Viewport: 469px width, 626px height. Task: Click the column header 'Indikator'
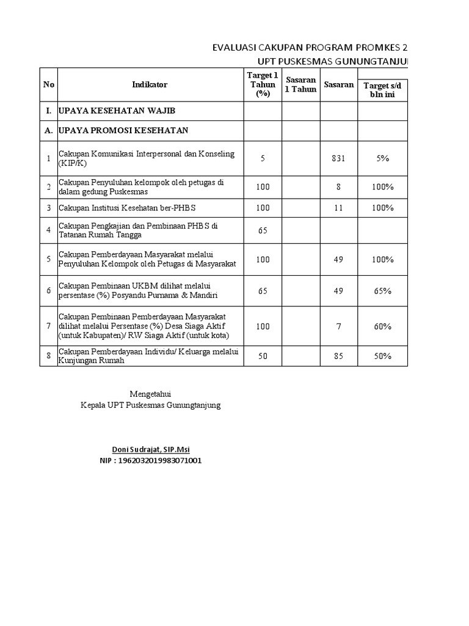150,84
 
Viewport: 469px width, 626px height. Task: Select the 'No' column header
48,84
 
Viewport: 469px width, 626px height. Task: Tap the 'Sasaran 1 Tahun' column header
300,85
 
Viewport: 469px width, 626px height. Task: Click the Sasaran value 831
338,158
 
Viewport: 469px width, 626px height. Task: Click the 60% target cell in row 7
382,326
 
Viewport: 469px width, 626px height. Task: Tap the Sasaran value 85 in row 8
338,356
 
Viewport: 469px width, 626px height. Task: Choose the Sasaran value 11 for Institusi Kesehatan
338,208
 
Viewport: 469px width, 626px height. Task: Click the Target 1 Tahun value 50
263,356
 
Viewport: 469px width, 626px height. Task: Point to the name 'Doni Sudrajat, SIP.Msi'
150,449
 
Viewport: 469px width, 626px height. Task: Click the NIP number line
150,460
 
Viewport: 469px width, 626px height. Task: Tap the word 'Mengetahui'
151,394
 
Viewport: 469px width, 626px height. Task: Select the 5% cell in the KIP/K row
382,158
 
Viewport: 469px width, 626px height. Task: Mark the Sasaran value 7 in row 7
338,326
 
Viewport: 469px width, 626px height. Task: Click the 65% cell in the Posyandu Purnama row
382,291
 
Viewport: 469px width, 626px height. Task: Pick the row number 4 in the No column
48,230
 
